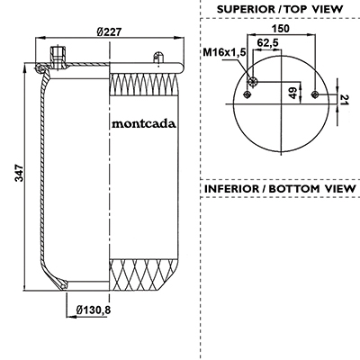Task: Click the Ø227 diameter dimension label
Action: [110, 31]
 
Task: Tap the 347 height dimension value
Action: [19, 173]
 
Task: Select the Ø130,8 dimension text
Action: [94, 310]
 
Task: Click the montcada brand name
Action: [144, 123]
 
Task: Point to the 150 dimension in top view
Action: [281, 29]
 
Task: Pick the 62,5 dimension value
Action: [267, 43]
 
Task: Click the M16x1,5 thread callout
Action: [224, 52]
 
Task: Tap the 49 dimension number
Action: [293, 93]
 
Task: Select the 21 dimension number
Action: [345, 100]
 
